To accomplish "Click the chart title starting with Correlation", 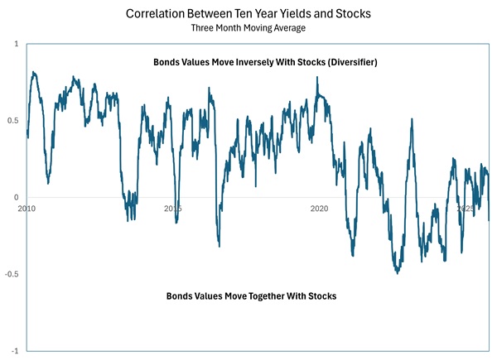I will coord(248,14).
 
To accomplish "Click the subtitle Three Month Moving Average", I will coord(248,28).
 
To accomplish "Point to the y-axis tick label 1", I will coord(17,44).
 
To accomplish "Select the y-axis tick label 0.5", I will coord(14,121).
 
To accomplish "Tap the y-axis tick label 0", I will coord(17,198).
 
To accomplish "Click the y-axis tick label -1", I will coord(16,351).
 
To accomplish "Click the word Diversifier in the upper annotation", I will coord(349,62).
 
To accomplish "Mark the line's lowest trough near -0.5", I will coord(398,272).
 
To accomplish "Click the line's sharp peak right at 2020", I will coord(317,78).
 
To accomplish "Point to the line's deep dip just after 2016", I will coord(219,245).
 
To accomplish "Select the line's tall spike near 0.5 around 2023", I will coord(412,120).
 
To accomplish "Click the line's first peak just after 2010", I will coord(33,72).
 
